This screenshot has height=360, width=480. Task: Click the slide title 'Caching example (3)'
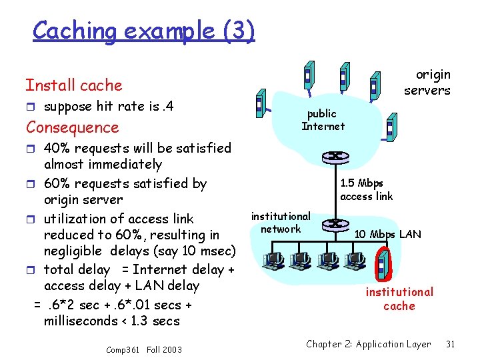[143, 30]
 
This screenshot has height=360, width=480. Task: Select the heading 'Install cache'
[74, 85]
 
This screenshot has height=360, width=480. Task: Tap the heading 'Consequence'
[72, 127]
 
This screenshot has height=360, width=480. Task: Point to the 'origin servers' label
[427, 83]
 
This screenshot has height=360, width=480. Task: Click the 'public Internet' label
[323, 120]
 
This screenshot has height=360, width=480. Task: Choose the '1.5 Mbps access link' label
[366, 189]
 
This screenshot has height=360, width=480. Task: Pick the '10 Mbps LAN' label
[387, 234]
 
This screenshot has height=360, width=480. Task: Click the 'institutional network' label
[281, 223]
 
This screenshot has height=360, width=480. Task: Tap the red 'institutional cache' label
[399, 299]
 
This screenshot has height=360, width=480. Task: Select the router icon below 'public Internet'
[331, 158]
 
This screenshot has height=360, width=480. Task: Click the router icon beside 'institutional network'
[331, 224]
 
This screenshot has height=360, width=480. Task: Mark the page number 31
[450, 344]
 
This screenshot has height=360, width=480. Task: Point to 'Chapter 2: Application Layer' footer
[369, 344]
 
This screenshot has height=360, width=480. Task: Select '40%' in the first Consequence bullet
[57, 148]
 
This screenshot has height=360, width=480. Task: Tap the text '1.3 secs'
[157, 321]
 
